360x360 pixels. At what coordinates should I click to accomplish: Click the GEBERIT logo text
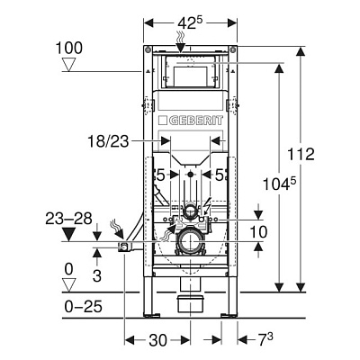coord(196,121)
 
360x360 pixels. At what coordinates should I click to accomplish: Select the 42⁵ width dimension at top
coord(191,23)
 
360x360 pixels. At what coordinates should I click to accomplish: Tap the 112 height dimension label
coord(301,154)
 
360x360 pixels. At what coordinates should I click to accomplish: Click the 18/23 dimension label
coord(108,141)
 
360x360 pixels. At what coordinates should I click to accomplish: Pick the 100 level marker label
coord(69,48)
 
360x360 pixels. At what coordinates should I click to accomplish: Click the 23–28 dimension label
coord(68,219)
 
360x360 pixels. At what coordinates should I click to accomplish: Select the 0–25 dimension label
coord(84,307)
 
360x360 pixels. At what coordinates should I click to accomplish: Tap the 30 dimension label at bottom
coord(157,340)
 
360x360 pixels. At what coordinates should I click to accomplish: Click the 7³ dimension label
coord(265,339)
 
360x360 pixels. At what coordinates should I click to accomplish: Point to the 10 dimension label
coord(258,232)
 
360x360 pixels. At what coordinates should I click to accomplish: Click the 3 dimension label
coord(97,275)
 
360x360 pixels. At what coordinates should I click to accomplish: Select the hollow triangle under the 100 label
coord(68,65)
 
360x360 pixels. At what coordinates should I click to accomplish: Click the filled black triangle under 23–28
coord(68,235)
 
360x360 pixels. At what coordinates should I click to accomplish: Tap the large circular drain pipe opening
coord(190,241)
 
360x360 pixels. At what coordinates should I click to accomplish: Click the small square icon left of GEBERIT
coord(163,121)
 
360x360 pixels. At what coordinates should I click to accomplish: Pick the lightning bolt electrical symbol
coord(207,205)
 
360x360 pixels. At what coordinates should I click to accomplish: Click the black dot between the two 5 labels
coord(190,175)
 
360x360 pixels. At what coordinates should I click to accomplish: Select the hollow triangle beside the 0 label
coord(68,285)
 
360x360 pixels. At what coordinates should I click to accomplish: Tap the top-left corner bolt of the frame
coord(147,49)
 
